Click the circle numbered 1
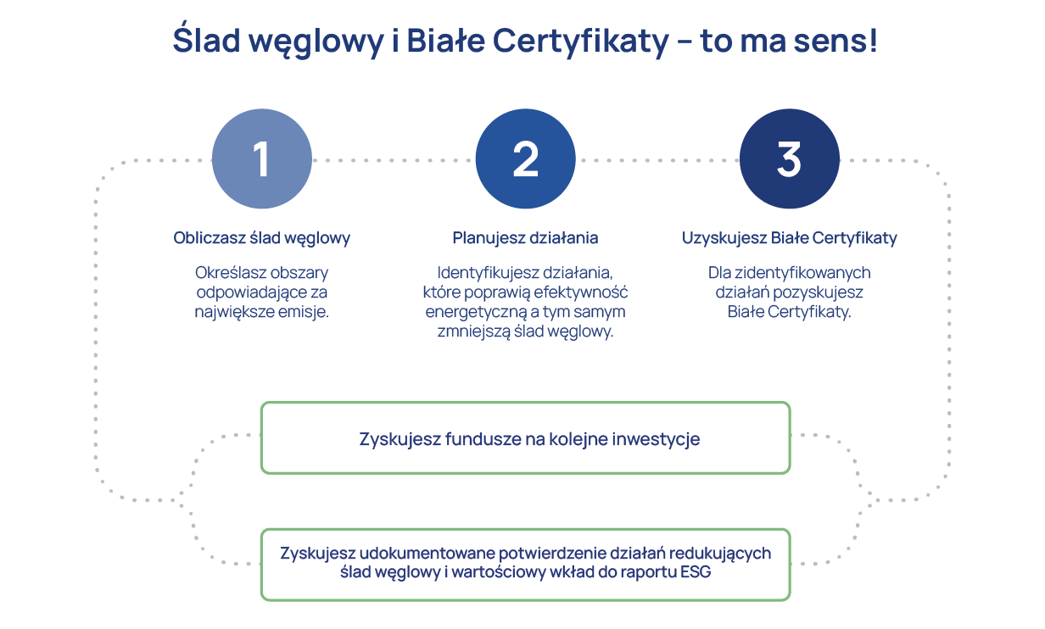[x=261, y=159]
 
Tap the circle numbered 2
[x=525, y=159]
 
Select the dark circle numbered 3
[x=789, y=159]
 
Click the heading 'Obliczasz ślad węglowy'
[x=261, y=238]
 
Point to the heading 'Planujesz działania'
[x=525, y=238]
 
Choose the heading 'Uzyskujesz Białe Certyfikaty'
[x=789, y=238]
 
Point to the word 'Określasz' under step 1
[x=228, y=274]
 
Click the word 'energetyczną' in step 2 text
[x=467, y=312]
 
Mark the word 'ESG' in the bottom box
[x=696, y=572]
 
